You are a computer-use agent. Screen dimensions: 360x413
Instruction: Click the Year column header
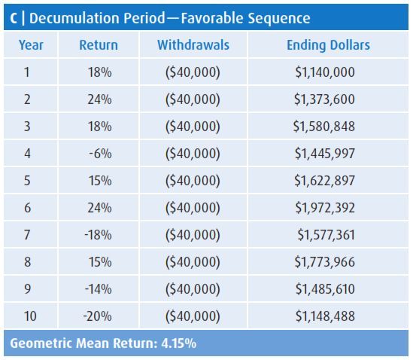(x=31, y=45)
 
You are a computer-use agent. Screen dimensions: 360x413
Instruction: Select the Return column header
(x=99, y=45)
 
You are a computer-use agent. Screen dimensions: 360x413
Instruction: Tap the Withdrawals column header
(x=193, y=45)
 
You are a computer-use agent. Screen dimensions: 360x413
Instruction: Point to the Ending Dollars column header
(x=328, y=45)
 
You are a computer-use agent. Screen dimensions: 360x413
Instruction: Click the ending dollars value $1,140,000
(x=325, y=72)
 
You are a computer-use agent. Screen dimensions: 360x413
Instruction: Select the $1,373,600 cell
(x=325, y=99)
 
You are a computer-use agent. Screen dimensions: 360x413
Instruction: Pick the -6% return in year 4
(x=99, y=154)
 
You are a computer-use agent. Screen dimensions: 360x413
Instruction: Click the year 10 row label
(x=31, y=316)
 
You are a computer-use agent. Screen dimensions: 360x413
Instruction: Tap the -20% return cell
(x=99, y=316)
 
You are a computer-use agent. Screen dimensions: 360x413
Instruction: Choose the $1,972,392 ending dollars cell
(x=323, y=208)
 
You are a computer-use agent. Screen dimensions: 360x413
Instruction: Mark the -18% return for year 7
(x=99, y=235)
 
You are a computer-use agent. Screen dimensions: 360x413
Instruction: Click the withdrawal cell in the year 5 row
(x=193, y=181)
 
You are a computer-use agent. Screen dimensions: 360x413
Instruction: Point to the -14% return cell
(x=99, y=289)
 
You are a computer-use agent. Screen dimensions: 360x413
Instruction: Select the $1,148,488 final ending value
(x=325, y=316)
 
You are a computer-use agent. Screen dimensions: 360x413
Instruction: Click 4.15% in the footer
(x=178, y=343)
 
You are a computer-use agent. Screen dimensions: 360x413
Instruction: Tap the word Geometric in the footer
(x=40, y=343)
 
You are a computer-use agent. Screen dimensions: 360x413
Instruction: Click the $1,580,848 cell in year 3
(x=323, y=127)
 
